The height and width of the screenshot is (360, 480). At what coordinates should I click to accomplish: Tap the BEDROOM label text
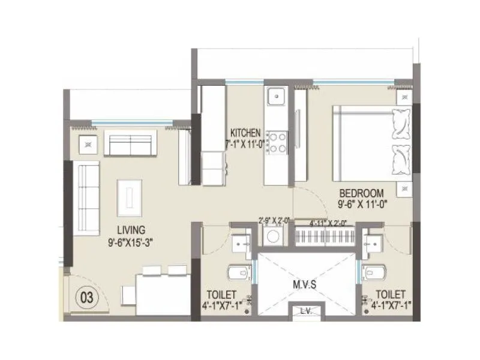click(361, 193)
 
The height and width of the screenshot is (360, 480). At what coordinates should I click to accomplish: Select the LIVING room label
click(131, 229)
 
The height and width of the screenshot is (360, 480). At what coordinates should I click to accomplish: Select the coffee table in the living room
click(130, 197)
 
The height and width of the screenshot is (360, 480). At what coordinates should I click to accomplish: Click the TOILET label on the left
click(222, 294)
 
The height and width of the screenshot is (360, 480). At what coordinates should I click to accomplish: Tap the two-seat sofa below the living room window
click(130, 143)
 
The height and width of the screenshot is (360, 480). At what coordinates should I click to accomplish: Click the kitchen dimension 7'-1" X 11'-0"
click(246, 144)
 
